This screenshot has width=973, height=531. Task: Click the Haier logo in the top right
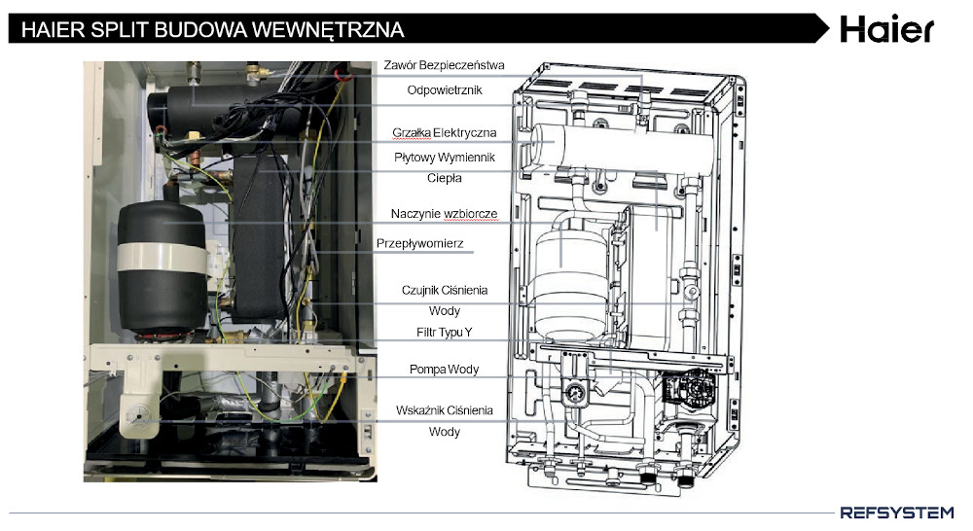click(886, 28)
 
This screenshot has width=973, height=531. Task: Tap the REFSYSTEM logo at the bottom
click(896, 512)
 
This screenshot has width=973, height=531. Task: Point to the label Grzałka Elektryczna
click(445, 132)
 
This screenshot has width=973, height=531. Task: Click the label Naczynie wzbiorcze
click(445, 214)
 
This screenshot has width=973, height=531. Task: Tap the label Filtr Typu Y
click(445, 334)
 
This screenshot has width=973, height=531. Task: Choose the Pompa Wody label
click(445, 370)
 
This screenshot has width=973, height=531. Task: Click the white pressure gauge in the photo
click(139, 413)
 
